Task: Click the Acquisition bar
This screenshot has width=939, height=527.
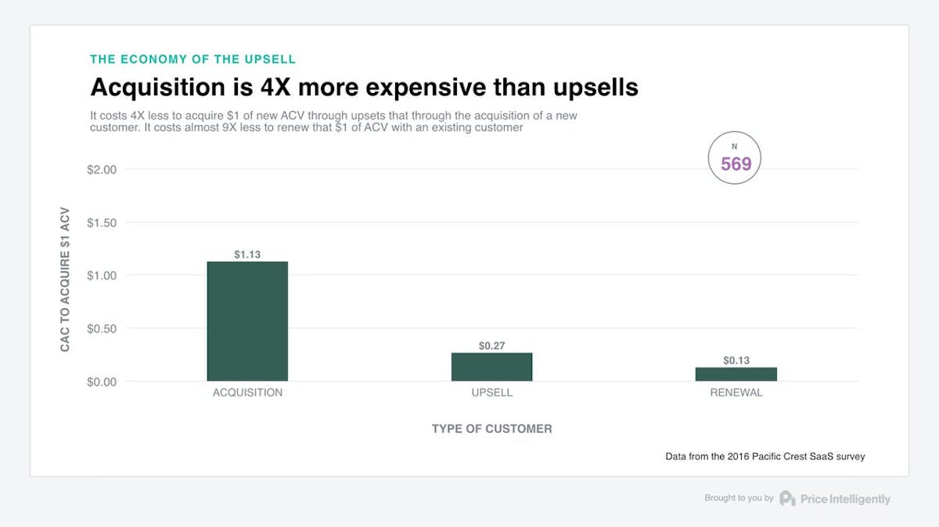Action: pos(247,321)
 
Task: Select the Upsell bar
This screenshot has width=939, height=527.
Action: pos(491,367)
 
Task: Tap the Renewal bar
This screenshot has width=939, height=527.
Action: pos(736,374)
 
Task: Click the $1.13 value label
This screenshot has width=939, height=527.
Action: pos(247,254)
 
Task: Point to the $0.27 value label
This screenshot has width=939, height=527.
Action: pos(491,346)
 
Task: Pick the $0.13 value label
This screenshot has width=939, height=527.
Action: pos(736,360)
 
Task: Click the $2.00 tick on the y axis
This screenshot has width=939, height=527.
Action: pos(102,170)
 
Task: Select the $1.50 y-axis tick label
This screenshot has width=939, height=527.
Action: pos(102,223)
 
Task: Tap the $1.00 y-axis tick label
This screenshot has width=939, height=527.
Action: pos(102,275)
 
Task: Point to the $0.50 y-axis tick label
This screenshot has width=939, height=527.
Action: pos(102,328)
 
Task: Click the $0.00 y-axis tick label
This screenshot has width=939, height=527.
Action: pos(102,382)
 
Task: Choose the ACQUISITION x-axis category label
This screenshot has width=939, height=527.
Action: pos(247,393)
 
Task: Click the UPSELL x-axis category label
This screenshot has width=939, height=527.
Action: pos(491,393)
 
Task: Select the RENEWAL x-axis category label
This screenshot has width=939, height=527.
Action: pos(736,393)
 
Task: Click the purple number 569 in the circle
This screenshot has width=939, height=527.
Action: pos(736,163)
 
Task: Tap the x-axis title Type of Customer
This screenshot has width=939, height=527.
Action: pos(491,428)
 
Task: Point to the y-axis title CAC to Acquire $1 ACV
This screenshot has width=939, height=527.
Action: pos(66,280)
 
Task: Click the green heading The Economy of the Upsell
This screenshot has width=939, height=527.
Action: pos(192,59)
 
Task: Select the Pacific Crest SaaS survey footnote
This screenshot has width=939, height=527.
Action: pos(765,456)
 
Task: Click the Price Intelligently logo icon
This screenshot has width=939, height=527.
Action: pos(787,499)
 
